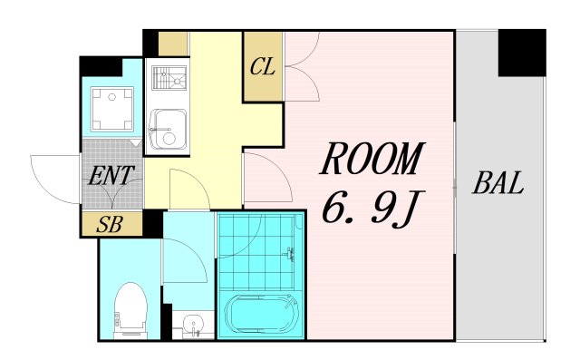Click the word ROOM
point(372,161)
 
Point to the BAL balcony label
point(498,184)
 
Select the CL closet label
point(262,66)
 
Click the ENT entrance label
point(111,175)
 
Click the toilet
point(131,308)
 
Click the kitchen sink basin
point(167,131)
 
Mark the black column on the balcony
point(522,53)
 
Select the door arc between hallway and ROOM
point(265,177)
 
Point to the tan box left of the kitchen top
point(172,44)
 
